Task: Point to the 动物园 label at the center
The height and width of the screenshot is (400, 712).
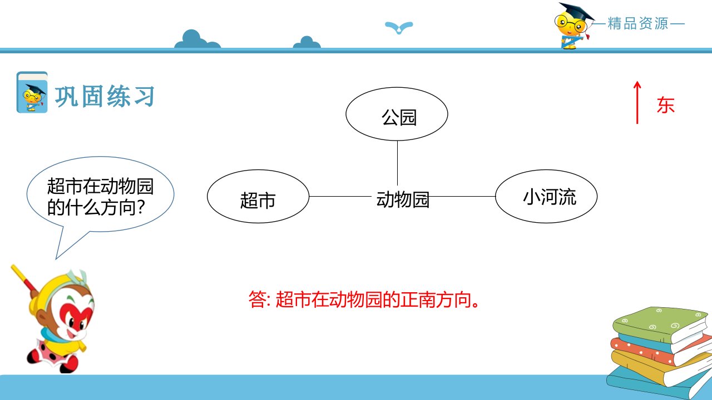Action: click(403, 199)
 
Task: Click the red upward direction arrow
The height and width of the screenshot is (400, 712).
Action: click(637, 103)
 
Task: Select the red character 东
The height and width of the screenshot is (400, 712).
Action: click(666, 105)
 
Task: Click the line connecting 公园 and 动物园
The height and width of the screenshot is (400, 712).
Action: click(397, 163)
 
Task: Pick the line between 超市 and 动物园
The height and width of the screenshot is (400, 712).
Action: click(340, 196)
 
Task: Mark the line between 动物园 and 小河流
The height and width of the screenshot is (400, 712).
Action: click(462, 197)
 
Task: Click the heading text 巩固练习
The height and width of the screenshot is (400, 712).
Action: click(105, 96)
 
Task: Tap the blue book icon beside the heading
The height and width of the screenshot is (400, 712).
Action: click(32, 92)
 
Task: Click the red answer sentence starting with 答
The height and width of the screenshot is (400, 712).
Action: click(364, 299)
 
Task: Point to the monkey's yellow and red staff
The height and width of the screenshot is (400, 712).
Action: click(24, 279)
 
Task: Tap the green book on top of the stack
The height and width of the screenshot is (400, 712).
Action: click(662, 325)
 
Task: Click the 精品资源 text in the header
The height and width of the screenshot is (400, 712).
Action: click(638, 23)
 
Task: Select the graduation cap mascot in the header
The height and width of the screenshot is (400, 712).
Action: click(573, 26)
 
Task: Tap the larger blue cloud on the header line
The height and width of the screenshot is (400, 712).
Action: click(197, 39)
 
